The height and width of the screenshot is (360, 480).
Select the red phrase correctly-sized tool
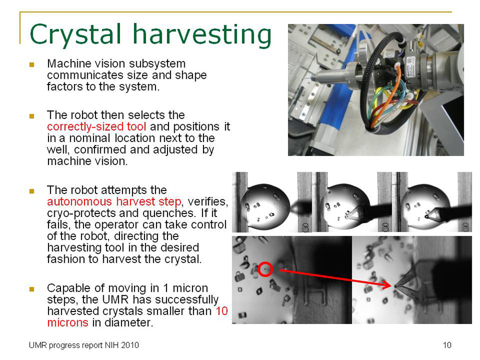(96, 127)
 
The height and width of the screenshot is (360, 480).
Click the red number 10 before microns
(221, 312)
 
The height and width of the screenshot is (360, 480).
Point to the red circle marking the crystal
(265, 270)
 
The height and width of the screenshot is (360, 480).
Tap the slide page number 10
(447, 345)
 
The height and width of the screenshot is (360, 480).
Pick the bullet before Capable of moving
(32, 289)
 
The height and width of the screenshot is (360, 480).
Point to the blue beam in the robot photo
(336, 86)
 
